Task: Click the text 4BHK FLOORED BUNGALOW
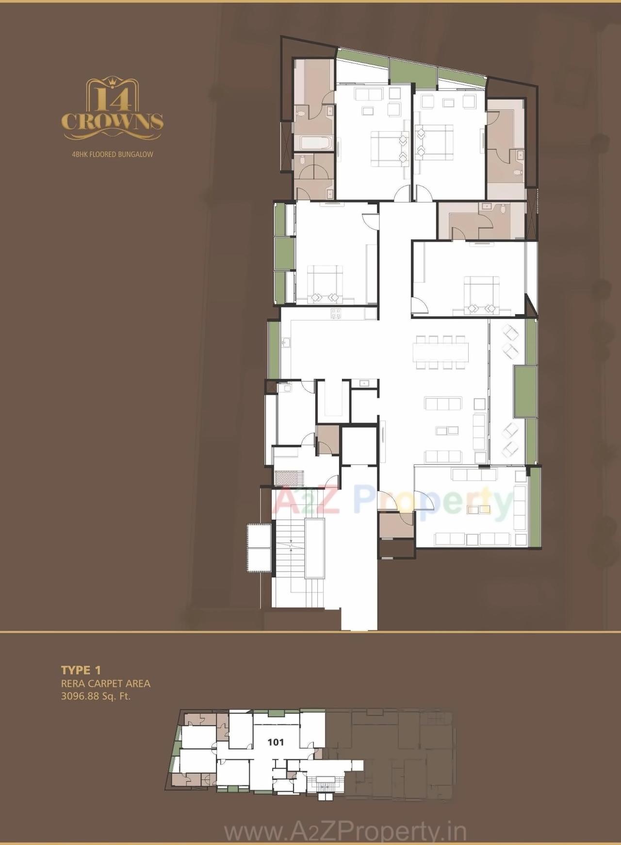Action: (112, 154)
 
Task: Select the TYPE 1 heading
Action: (81, 670)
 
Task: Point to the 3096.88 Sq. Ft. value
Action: (96, 696)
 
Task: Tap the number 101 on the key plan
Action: (276, 742)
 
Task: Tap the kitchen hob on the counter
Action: (335, 313)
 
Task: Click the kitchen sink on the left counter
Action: (285, 343)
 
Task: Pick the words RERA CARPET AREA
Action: (105, 683)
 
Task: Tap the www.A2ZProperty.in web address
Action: (345, 832)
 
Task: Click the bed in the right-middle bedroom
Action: (482, 294)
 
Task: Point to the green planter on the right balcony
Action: (525, 391)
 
